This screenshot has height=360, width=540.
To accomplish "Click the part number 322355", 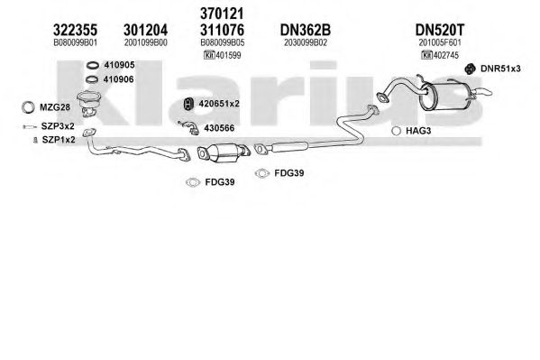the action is tap(75, 30).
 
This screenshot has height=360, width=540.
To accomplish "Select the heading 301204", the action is tap(146, 30).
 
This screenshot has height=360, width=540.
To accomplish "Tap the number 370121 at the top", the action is tap(222, 14).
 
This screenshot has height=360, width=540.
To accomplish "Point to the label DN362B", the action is tap(305, 30).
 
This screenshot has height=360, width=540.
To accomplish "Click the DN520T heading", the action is tap(440, 30).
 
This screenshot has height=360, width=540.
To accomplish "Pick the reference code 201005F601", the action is tap(440, 42).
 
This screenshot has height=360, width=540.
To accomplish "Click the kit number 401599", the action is tap(228, 55).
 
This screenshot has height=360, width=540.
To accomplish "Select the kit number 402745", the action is tap(446, 55).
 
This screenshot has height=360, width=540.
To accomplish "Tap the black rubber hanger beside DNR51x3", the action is tap(470, 69).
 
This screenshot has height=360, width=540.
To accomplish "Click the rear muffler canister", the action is tap(445, 97).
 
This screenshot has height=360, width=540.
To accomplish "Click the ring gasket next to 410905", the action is tap(93, 65).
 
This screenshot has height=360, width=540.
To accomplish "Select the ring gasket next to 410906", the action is tap(92, 79).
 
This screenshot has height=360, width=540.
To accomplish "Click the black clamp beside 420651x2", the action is tap(188, 104).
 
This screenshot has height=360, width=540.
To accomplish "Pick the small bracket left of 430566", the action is tap(188, 127).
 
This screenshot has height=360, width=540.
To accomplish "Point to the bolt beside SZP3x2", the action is tap(30, 127).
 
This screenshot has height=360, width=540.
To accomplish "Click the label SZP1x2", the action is tap(59, 140).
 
